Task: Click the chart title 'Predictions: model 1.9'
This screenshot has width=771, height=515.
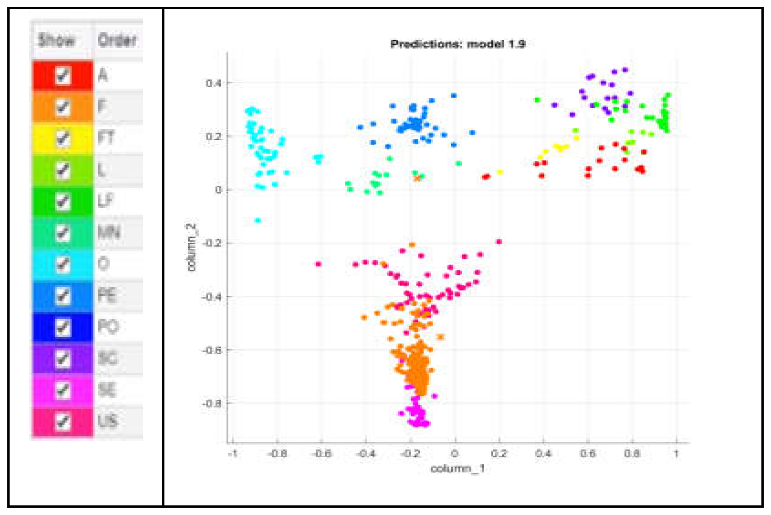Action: coord(458,44)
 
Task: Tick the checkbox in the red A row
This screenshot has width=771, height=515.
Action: coord(63,75)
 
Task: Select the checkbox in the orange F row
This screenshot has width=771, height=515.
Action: coord(63,107)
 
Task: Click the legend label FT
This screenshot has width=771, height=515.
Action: coord(106,137)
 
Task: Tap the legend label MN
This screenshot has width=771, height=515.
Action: coord(109,232)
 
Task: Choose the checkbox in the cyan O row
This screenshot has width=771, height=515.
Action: coord(63,264)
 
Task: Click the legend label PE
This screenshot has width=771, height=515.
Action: coord(107,295)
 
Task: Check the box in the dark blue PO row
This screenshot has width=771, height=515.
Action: coord(63,327)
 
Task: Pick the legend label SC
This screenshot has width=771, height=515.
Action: coord(108,358)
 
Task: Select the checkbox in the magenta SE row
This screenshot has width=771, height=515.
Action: coord(63,390)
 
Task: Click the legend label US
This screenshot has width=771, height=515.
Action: coord(108,420)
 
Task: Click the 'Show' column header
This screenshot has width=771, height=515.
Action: coord(57,40)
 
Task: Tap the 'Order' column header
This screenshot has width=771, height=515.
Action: coord(117,40)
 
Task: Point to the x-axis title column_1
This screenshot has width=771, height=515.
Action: coord(457,468)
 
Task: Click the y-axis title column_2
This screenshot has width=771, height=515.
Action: coord(191,247)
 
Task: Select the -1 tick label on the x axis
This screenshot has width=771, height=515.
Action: coord(232,454)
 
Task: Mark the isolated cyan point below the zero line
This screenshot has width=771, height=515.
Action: coord(258,221)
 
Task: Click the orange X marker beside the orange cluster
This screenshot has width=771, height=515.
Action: coord(440,337)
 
